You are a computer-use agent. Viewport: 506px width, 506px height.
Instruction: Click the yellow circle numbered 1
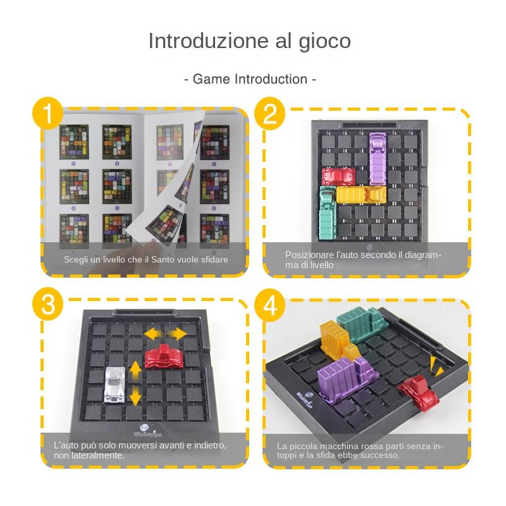48,114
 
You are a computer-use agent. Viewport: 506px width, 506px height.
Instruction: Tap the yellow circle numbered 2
270,114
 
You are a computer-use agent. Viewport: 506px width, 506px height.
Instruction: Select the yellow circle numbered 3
48,305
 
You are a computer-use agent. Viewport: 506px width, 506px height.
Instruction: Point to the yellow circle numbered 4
270,305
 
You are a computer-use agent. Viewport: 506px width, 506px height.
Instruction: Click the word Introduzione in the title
201,41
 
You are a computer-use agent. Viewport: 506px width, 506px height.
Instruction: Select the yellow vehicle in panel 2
361,195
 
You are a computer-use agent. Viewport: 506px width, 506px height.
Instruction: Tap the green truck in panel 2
328,213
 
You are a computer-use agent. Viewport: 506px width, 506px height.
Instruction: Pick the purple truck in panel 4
343,379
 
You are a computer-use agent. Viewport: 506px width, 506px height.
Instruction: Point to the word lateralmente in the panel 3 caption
97,455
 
